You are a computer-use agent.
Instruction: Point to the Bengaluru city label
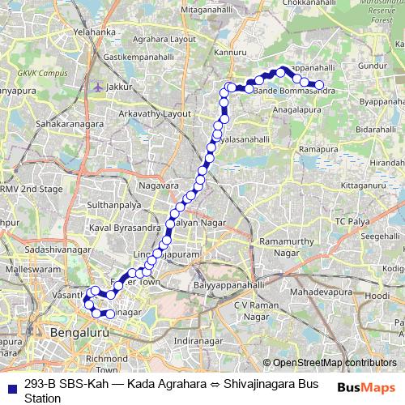(x=79, y=333)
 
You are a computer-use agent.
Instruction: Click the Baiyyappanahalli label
(x=229, y=286)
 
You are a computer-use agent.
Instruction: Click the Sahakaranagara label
(x=70, y=126)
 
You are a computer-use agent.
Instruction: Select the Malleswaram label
(x=28, y=266)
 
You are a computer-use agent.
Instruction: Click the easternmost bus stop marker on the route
(x=319, y=85)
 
